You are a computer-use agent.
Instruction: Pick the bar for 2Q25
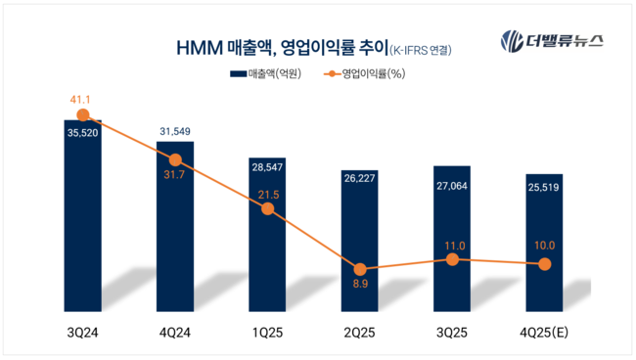[x=360, y=240]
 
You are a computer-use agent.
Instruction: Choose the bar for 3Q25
[x=452, y=235]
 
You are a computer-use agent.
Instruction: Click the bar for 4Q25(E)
[x=544, y=240]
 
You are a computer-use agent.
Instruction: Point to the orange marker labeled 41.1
[x=82, y=114]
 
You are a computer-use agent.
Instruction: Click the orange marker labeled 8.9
[x=360, y=268]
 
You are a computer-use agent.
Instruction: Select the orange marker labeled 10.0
[x=544, y=263]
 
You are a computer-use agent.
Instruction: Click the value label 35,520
[x=82, y=135]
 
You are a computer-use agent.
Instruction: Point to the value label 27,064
[x=452, y=182]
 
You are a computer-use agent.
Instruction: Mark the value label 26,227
[x=360, y=178]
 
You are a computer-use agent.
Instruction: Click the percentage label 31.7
[x=175, y=176]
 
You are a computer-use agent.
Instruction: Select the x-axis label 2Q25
[x=360, y=333]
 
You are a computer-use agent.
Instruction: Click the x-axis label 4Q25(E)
[x=544, y=333]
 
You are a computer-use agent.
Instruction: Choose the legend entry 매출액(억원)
[x=264, y=73]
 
